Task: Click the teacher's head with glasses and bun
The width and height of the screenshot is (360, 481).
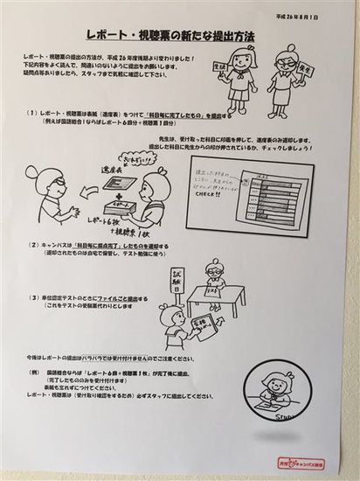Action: (x=42, y=183)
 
